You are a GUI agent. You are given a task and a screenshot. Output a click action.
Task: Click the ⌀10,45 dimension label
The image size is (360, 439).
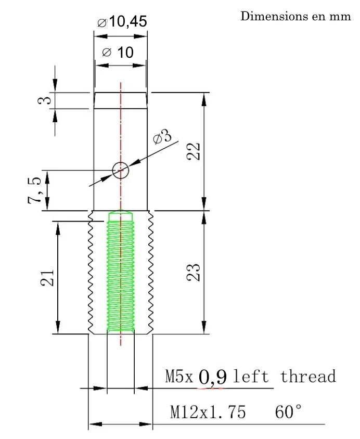tap(122, 22)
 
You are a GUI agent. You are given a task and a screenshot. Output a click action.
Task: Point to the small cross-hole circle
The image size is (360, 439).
tap(121, 170)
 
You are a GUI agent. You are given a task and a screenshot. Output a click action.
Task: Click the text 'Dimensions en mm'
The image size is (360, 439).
tap(295, 16)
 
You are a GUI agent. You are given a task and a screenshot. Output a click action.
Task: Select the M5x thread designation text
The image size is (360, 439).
tap(179, 376)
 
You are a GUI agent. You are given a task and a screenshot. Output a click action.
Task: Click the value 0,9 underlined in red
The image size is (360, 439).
tap(212, 377)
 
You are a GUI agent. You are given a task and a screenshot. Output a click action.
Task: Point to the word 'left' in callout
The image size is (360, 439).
tap(251, 376)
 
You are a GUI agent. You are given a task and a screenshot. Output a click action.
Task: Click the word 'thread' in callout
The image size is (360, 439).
tap(308, 376)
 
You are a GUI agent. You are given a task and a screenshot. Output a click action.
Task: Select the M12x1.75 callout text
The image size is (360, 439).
tap(208, 412)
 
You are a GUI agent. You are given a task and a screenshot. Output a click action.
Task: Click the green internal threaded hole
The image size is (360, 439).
tap(121, 276)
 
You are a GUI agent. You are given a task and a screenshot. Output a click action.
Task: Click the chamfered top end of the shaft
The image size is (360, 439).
tap(121, 100)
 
